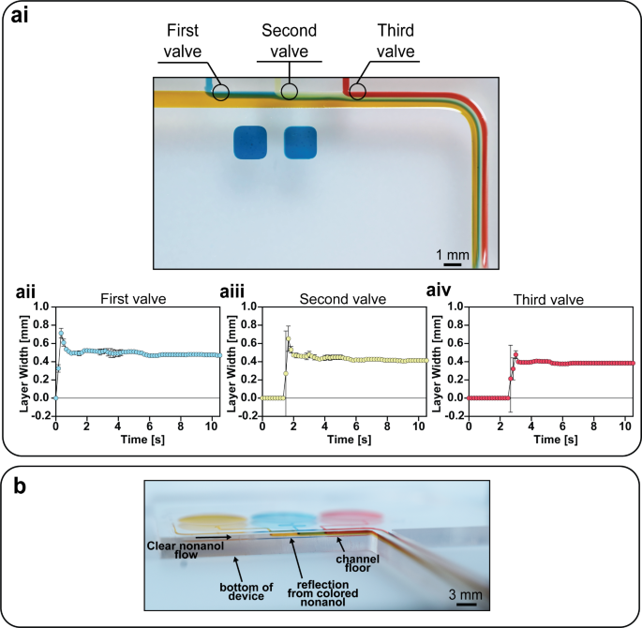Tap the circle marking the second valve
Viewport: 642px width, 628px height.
tap(290, 91)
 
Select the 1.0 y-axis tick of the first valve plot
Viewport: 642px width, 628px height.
tap(41, 307)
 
